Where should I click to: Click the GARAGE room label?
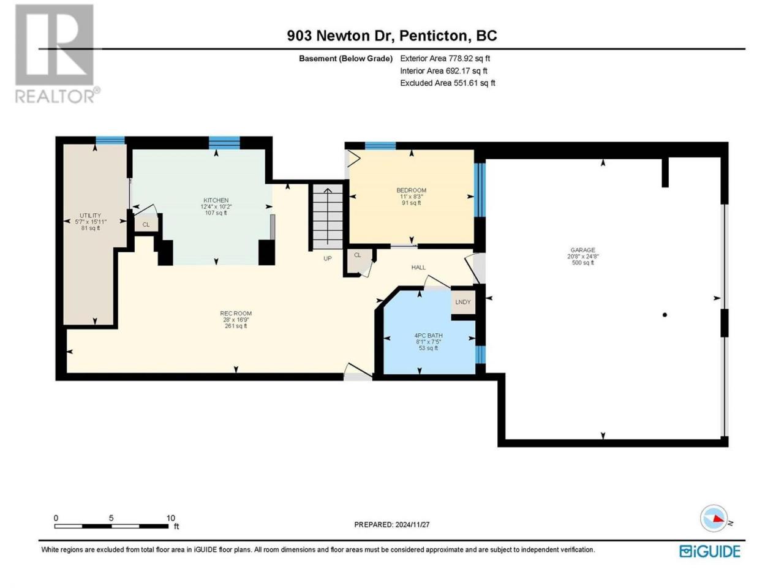pyautogui.click(x=582, y=250)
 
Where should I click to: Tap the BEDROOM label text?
pyautogui.click(x=411, y=190)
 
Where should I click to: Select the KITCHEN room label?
pyautogui.click(x=216, y=200)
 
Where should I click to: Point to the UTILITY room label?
pyautogui.click(x=90, y=215)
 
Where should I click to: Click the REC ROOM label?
pyautogui.click(x=236, y=314)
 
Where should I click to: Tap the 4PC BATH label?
pyautogui.click(x=428, y=336)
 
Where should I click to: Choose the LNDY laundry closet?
pyautogui.click(x=463, y=302)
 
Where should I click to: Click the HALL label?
pyautogui.click(x=418, y=267)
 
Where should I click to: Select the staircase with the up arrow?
pyautogui.click(x=328, y=216)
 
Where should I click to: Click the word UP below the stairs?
pyautogui.click(x=327, y=258)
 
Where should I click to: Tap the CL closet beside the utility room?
pyautogui.click(x=146, y=225)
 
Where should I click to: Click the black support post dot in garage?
pyautogui.click(x=665, y=315)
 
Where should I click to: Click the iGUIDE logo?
pyautogui.click(x=710, y=551)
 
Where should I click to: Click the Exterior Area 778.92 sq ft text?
pyautogui.click(x=445, y=58)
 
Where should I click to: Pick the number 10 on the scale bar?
pyautogui.click(x=171, y=518)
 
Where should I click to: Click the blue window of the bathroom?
pyautogui.click(x=480, y=354)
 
